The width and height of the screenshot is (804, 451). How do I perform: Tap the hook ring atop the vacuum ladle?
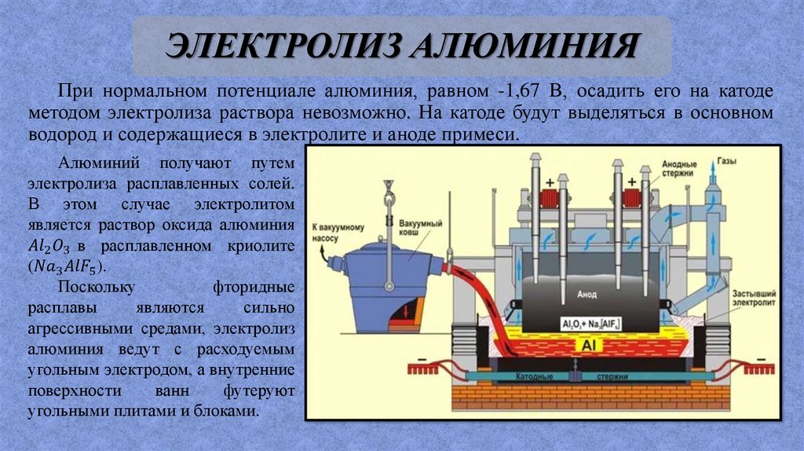pyautogui.click(x=386, y=186)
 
